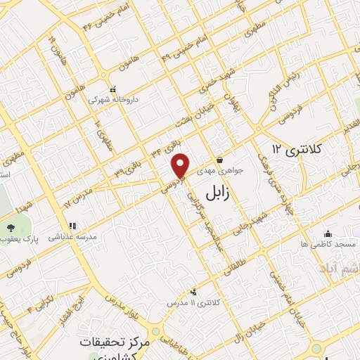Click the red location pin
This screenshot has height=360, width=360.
pos(181,166)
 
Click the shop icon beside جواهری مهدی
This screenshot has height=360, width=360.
pos(220,160)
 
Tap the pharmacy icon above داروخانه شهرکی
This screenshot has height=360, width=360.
pos(112,90)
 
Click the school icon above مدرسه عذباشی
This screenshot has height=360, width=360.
pos(72,227)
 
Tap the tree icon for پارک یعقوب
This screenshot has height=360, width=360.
pos(11,227)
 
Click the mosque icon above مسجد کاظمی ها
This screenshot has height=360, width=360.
pos(327,233)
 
